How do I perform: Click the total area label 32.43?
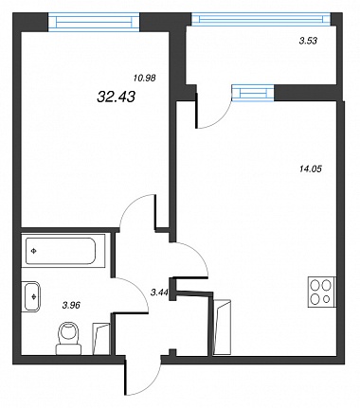point(117,97)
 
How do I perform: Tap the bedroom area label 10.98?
point(145,78)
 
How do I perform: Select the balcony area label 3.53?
point(308,41)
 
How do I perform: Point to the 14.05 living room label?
point(310,169)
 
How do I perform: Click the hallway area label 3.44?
point(159,293)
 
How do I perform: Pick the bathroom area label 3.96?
point(72,305)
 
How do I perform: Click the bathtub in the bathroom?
point(61,251)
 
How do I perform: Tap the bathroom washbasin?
point(32,296)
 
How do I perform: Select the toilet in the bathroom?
point(69,338)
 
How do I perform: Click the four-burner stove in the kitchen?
point(322,292)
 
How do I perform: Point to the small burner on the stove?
point(327,298)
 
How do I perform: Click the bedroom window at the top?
point(94,22)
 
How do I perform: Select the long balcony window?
point(261,19)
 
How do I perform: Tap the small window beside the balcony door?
point(253,93)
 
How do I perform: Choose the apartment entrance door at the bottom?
point(144,376)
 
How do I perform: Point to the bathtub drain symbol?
point(33,251)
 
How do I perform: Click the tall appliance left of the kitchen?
point(222,328)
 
